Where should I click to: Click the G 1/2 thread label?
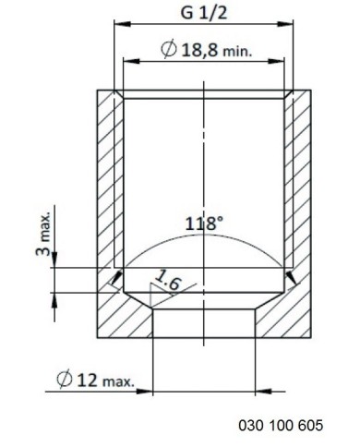point(203,13)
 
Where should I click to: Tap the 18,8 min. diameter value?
point(217,50)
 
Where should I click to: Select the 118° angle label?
point(204,223)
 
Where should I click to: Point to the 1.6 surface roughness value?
point(167,280)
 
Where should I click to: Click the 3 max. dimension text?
point(43,234)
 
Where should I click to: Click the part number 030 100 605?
point(281,425)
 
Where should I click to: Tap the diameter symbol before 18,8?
point(169,49)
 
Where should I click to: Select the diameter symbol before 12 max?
point(65,380)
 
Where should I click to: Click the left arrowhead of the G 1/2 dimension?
point(123,24)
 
